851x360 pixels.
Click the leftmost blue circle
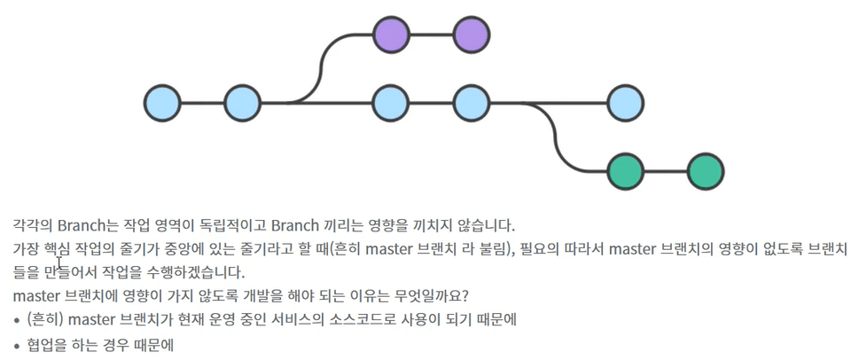[x=162, y=103]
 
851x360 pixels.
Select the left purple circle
[x=391, y=35]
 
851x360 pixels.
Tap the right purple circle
[x=472, y=35]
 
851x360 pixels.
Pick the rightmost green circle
[x=706, y=171]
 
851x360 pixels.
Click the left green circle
[x=626, y=171]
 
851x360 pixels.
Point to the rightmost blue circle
[x=626, y=103]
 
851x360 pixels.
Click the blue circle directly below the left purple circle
[x=391, y=103]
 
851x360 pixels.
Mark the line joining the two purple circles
[x=431, y=35]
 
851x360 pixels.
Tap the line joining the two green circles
[x=666, y=171]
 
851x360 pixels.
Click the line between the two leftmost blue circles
[x=202, y=103]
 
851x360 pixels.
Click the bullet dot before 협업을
[x=17, y=345]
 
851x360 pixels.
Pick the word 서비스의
[x=308, y=319]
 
